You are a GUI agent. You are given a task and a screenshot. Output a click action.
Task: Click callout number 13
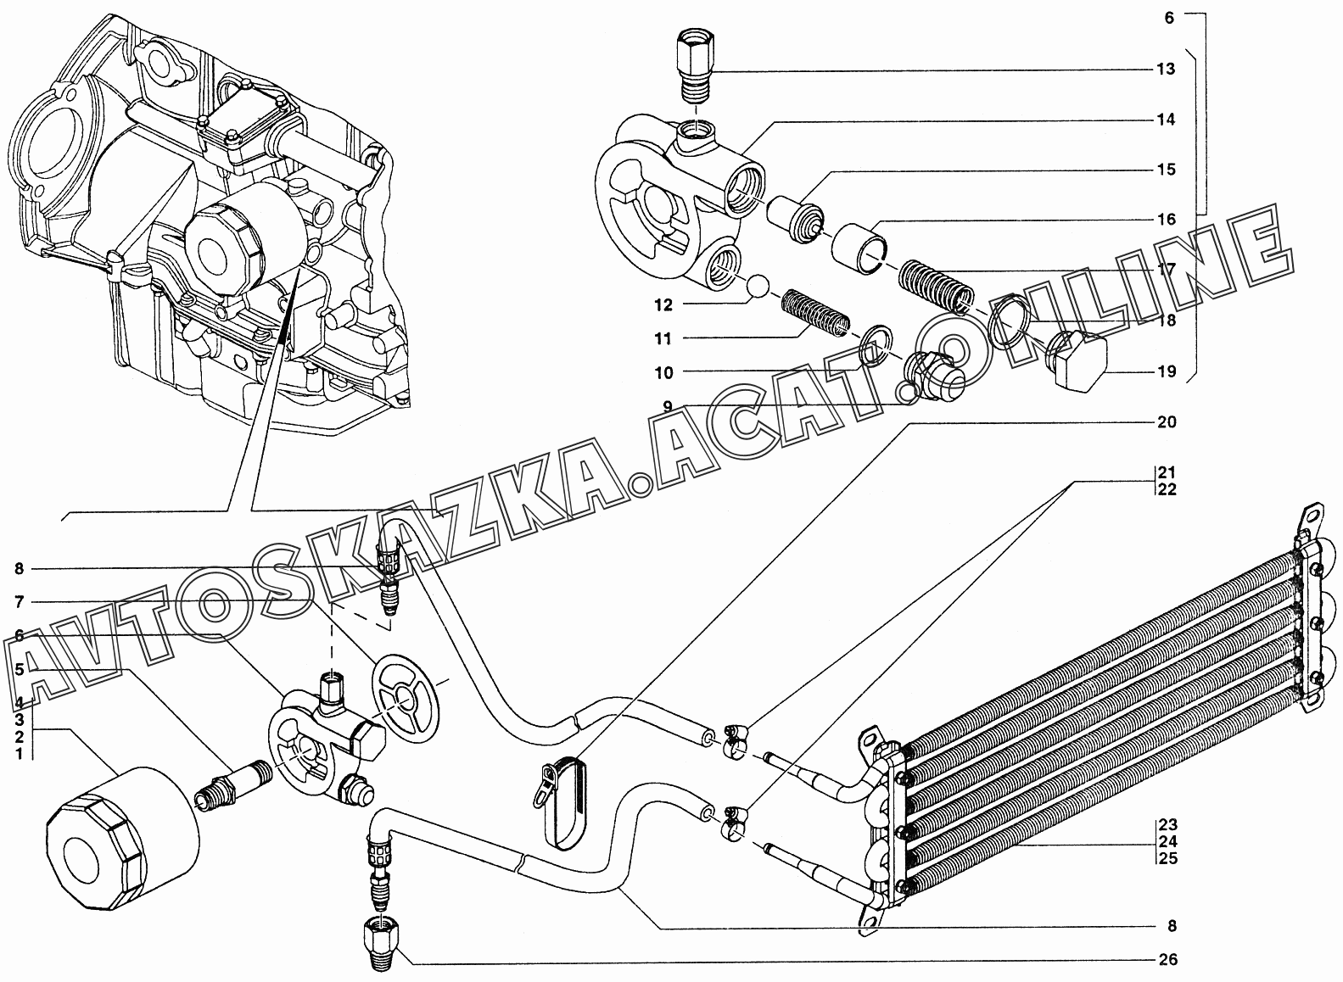coord(1166,69)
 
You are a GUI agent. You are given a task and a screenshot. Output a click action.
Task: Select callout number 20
coord(1167,421)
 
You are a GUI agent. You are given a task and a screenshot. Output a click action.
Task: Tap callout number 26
coord(1168,959)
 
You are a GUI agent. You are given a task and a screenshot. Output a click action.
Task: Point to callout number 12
coord(663,305)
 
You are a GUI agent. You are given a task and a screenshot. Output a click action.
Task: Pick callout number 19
coord(1167,371)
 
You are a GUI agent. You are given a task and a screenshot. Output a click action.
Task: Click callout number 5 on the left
coord(20,668)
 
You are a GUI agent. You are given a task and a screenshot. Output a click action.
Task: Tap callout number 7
coord(20,601)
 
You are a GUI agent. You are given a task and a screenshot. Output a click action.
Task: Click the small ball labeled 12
coord(754,287)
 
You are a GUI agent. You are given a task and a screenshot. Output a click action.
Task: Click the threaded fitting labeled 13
coord(695,67)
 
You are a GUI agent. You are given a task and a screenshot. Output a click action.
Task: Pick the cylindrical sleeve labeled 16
coord(859,248)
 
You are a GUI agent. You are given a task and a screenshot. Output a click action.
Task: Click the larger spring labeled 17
coord(938,287)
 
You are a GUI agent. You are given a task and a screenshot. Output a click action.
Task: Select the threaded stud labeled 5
coord(234,785)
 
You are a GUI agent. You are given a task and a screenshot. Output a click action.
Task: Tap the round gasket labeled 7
coord(406,698)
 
